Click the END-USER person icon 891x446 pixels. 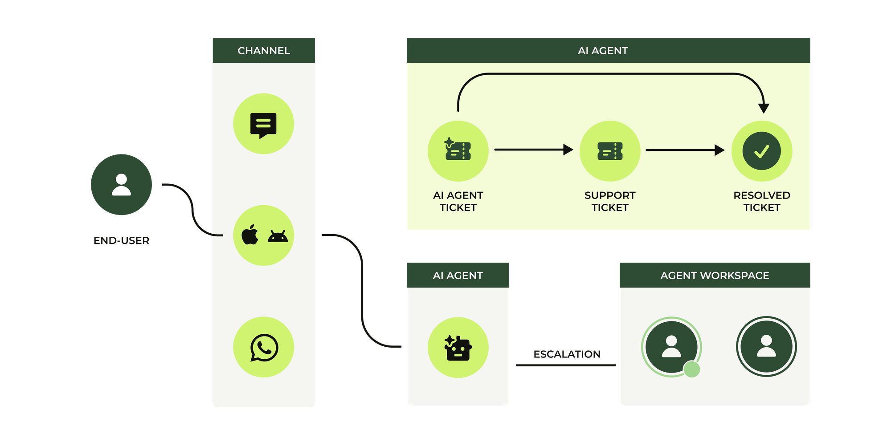(x=121, y=185)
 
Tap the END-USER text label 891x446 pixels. (x=121, y=241)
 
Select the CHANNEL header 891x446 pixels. (x=264, y=51)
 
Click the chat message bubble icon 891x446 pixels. (x=263, y=125)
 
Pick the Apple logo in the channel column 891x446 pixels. (x=250, y=235)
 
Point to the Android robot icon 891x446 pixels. (x=278, y=236)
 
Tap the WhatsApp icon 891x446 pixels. (x=264, y=348)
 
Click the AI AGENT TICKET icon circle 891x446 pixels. (x=458, y=150)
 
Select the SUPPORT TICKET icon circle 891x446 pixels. (x=610, y=151)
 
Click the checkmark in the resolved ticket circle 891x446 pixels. (x=762, y=151)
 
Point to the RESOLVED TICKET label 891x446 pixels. (x=762, y=201)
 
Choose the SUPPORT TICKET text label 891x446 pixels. (x=610, y=201)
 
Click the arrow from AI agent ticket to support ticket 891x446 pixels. (x=533, y=150)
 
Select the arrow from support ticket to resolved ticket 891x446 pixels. (x=685, y=150)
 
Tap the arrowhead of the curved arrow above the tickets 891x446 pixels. (x=764, y=108)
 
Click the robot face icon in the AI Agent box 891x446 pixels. (x=458, y=348)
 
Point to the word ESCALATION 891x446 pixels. (x=567, y=354)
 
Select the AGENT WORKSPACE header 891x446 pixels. (x=715, y=276)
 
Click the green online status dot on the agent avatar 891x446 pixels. (x=691, y=369)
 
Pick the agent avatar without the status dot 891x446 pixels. (x=766, y=346)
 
